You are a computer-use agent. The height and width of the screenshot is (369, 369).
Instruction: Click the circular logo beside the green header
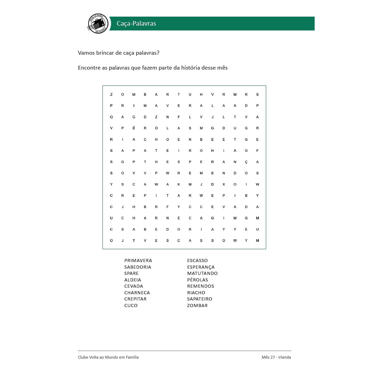[98, 24]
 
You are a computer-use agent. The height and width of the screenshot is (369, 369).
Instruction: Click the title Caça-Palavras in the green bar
[136, 24]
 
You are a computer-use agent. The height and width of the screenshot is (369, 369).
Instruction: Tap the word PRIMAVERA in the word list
[138, 261]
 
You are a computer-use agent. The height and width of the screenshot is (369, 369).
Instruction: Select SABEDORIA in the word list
[138, 267]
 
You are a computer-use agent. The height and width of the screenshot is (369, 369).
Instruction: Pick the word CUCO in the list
[131, 306]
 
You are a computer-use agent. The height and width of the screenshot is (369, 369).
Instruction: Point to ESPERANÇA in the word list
[201, 267]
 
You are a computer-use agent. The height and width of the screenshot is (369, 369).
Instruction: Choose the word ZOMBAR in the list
[197, 306]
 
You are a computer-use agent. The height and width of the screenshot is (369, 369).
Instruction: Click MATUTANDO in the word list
[202, 273]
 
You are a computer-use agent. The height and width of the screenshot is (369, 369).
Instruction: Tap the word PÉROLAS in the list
[198, 280]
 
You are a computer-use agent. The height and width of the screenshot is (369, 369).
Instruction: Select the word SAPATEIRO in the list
[199, 299]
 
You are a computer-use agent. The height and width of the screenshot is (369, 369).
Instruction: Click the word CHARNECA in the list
[137, 293]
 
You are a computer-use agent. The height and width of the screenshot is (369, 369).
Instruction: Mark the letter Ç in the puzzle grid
[246, 162]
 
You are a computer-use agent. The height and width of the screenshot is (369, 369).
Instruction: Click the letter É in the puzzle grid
[134, 128]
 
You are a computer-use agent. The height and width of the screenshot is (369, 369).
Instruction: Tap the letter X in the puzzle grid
[224, 184]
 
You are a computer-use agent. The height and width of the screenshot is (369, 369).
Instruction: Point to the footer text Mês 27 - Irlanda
[276, 357]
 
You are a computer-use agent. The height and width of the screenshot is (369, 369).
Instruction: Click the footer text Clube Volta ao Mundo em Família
[108, 357]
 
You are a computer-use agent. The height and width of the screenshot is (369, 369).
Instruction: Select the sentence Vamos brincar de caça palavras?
[118, 53]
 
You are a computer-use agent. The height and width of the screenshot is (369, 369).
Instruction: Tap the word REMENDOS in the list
[200, 286]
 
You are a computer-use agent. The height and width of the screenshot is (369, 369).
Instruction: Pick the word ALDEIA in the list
[133, 280]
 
